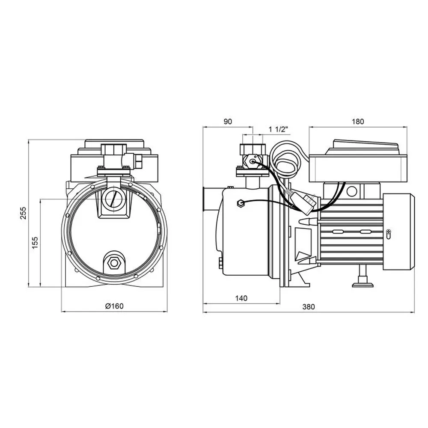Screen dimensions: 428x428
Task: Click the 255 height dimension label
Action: click(x=23, y=213)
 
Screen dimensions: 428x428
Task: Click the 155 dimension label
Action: click(x=35, y=243)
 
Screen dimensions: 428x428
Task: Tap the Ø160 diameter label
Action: click(x=114, y=306)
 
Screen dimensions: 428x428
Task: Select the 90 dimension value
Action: click(x=228, y=122)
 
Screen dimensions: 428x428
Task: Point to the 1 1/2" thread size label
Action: click(x=278, y=129)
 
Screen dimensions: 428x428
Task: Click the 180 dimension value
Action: click(x=358, y=122)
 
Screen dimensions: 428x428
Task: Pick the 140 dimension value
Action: click(x=241, y=298)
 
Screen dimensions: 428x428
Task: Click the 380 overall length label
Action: click(x=309, y=307)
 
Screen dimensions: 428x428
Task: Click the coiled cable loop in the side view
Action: click(x=286, y=160)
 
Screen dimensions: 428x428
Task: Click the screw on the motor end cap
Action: click(x=389, y=232)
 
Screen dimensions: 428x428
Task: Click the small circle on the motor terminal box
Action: click(x=351, y=192)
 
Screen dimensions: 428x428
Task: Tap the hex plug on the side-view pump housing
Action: click(x=241, y=203)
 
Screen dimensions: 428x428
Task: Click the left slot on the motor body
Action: click(x=339, y=232)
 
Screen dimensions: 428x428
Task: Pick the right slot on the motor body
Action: click(x=366, y=232)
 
